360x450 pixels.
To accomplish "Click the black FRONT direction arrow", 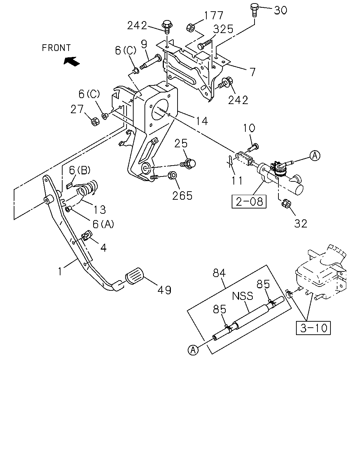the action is (x=71, y=61).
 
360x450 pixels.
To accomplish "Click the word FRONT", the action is (x=56, y=48).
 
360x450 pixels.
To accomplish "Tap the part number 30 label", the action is (x=281, y=10).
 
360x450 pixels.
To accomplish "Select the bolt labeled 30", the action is (x=254, y=10).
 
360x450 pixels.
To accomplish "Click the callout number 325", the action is (x=223, y=29).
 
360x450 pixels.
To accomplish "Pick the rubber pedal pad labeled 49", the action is (x=135, y=276).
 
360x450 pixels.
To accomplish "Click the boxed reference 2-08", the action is (x=249, y=202).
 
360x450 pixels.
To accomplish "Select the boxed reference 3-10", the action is (x=313, y=328).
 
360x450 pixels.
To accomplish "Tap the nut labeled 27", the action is (x=95, y=122).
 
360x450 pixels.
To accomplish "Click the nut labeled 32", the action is (x=286, y=204).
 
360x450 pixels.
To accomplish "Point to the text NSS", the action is (x=243, y=296).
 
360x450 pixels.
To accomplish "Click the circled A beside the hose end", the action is (x=193, y=350).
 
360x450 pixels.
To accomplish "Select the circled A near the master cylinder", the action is (x=315, y=156).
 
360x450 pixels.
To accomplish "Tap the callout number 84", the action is (x=219, y=273).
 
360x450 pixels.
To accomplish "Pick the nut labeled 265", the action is (x=173, y=175).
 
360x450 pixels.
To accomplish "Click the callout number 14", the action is (x=202, y=121).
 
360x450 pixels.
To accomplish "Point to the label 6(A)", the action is (x=103, y=224).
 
